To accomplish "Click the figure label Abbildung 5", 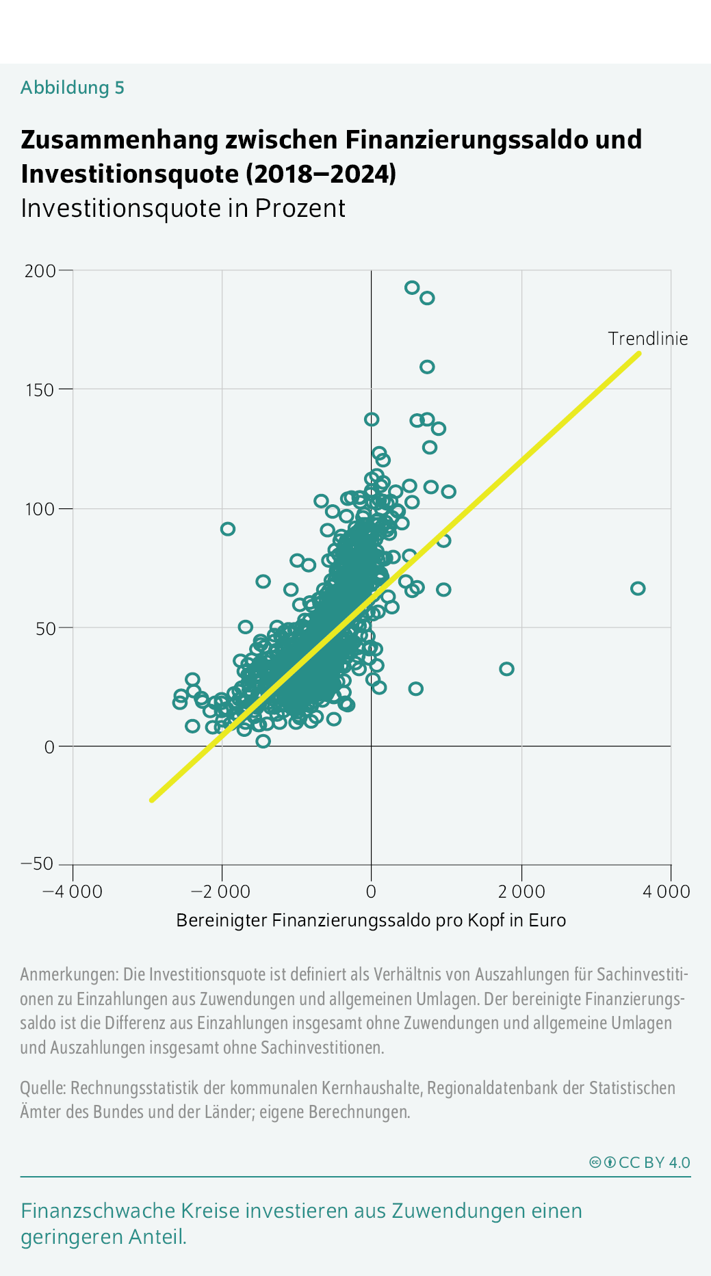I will pos(73,88).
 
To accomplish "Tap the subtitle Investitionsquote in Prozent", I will pos(183,208).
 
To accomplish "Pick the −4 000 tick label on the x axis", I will pos(73,891).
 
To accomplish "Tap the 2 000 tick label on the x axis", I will pos(521,891).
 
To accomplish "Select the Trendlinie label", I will pos(647,339).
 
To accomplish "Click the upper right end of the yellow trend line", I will pos(638,354).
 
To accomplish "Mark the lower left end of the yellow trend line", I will pos(152,799).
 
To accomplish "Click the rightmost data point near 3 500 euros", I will pos(638,588).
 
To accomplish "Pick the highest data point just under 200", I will pos(412,287).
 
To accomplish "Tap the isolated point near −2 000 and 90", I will pos(228,529).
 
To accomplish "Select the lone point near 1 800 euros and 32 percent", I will pos(506,668).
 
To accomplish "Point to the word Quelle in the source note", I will pos(42,1088).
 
